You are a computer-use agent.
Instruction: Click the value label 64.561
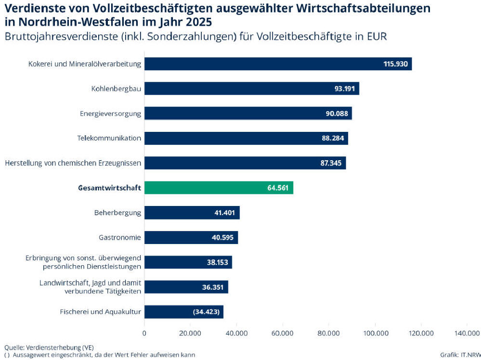pos(278,188)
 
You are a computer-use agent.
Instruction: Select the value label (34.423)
pos(207,312)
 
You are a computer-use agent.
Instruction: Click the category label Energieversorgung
pos(110,114)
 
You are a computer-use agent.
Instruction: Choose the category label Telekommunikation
pos(109,139)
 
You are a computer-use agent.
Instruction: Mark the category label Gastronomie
pos(120,237)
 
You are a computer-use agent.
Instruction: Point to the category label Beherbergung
pos(118,213)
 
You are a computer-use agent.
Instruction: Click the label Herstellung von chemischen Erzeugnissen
pos(73,163)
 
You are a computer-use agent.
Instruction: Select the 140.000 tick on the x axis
pos(467,333)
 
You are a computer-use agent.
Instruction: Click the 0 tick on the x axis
pos(144,333)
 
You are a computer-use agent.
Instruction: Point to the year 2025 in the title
pos(198,22)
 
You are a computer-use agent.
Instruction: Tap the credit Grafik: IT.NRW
pos(460,355)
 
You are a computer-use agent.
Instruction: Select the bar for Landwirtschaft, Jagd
pos(186,287)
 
